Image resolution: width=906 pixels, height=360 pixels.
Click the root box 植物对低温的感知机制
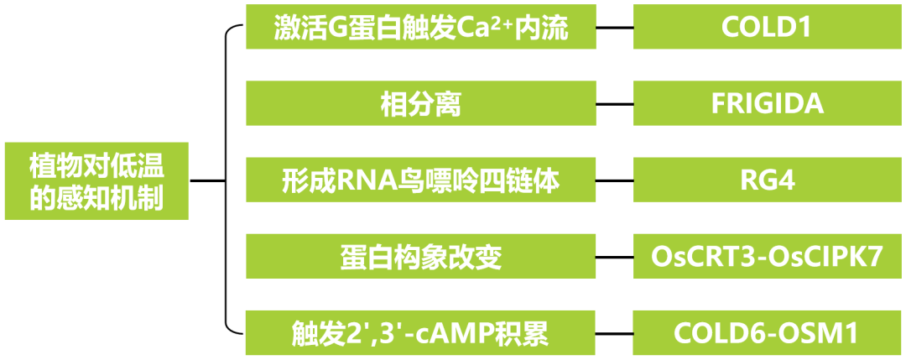[x=96, y=180]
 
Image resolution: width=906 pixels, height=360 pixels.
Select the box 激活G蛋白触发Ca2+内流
[x=420, y=28]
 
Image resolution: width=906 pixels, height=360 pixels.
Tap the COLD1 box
[x=767, y=28]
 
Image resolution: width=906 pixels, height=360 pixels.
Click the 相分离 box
[x=420, y=104]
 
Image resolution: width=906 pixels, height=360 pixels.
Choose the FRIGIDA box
[x=767, y=104]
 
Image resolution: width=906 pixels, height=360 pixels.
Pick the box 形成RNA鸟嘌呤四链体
[x=420, y=180]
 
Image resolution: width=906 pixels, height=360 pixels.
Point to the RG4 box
[x=767, y=180]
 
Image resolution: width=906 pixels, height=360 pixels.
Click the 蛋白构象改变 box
[x=420, y=257]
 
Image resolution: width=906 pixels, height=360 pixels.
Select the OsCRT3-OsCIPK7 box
[x=767, y=257]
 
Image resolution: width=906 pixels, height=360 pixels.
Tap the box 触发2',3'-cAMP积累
[x=420, y=333]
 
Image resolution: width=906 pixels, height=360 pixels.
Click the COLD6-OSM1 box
[x=767, y=333]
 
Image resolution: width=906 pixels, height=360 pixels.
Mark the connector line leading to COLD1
[x=614, y=28]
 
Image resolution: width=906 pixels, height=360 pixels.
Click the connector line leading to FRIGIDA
[x=614, y=104]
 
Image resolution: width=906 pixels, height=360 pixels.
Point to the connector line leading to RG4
[x=614, y=180]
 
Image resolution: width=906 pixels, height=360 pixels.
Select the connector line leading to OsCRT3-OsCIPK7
[x=614, y=257]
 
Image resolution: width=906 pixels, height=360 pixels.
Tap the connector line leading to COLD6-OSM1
[x=614, y=333]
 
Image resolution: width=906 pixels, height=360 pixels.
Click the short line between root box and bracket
[x=207, y=180]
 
